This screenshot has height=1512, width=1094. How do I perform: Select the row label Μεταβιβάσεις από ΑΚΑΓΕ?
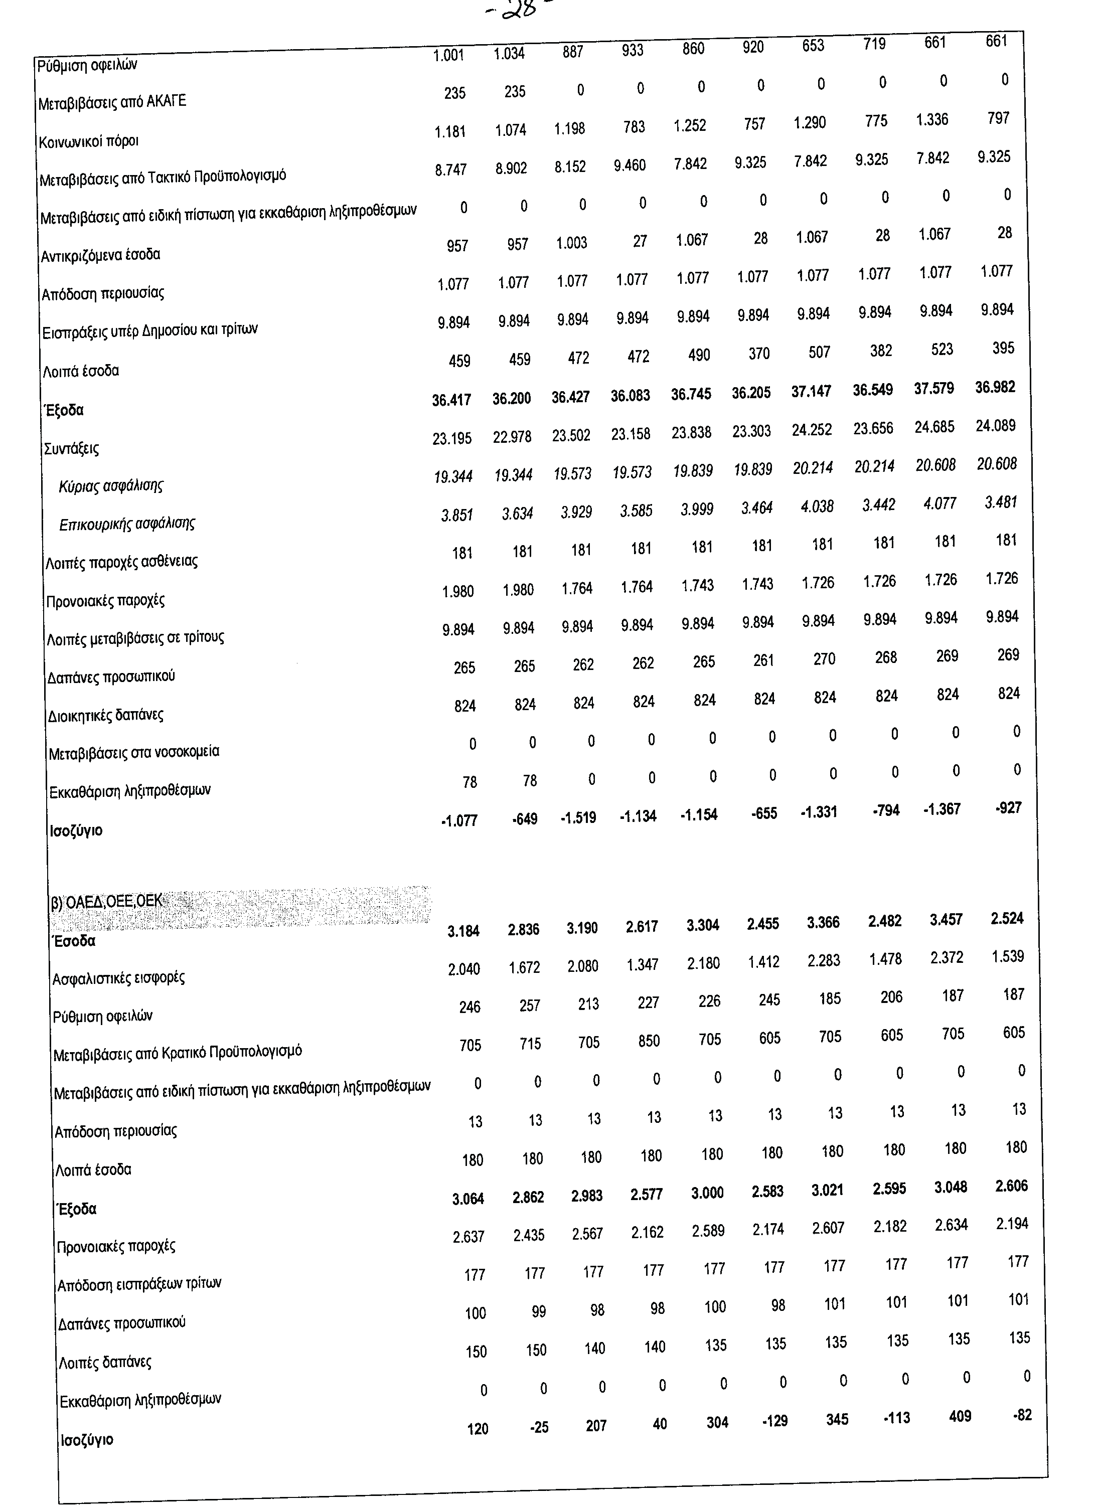coord(112,102)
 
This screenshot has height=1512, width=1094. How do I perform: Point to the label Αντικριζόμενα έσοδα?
coord(101,255)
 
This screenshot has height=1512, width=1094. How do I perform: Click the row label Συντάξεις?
coord(71,448)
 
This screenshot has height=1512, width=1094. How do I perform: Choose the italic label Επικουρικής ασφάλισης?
coord(127,524)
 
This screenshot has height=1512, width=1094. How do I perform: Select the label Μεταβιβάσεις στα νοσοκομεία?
coord(134,753)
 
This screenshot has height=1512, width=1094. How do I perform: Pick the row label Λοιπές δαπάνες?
coord(105,1362)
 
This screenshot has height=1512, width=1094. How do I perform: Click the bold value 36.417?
coord(451,400)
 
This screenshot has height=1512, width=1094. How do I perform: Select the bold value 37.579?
coord(933,389)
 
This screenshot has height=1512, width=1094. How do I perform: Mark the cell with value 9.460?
coord(630,164)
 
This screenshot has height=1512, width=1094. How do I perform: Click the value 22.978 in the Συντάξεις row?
coord(512,437)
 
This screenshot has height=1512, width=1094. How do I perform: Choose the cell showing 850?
coord(649,1041)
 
